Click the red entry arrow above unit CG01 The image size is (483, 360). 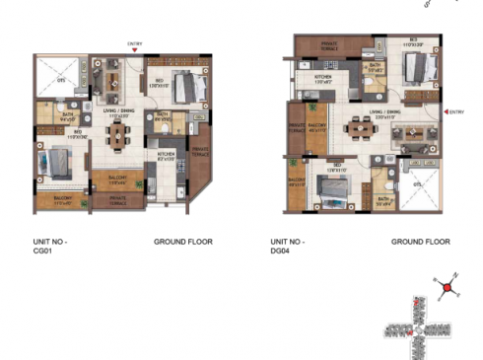click(x=135, y=49)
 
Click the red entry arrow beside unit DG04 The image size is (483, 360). click(x=445, y=111)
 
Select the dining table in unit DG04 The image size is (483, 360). click(x=354, y=128)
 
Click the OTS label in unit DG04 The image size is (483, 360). click(x=417, y=183)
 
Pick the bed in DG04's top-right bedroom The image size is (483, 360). click(x=418, y=67)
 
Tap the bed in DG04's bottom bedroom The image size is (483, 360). click(x=332, y=184)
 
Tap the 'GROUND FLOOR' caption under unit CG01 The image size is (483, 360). click(x=182, y=241)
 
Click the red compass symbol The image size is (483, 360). click(x=447, y=289)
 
